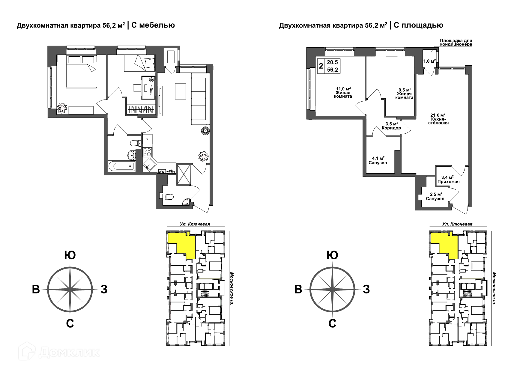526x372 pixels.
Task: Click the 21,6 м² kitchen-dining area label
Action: click(x=438, y=119)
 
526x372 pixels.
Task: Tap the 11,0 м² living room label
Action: click(x=343, y=93)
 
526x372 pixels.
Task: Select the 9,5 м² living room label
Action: click(x=404, y=94)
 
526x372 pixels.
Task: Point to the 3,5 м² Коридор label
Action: click(x=391, y=126)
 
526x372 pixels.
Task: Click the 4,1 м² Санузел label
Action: click(x=378, y=161)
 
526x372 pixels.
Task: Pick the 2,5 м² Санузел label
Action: click(x=435, y=197)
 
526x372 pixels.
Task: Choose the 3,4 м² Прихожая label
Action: click(x=448, y=180)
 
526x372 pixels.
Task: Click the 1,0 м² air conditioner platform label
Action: click(x=429, y=61)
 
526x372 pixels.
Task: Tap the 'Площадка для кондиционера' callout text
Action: click(x=456, y=42)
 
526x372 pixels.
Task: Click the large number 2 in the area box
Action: click(x=321, y=66)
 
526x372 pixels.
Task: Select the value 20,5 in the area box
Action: click(x=332, y=62)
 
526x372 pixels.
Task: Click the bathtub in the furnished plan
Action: click(x=122, y=166)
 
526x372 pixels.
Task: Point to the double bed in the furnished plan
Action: click(x=81, y=71)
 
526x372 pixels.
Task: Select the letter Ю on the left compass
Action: click(x=70, y=255)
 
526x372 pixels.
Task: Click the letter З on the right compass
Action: click(x=366, y=289)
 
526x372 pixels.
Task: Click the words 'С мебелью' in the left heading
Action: click(x=153, y=25)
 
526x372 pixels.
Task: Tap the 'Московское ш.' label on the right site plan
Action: click(x=494, y=288)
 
